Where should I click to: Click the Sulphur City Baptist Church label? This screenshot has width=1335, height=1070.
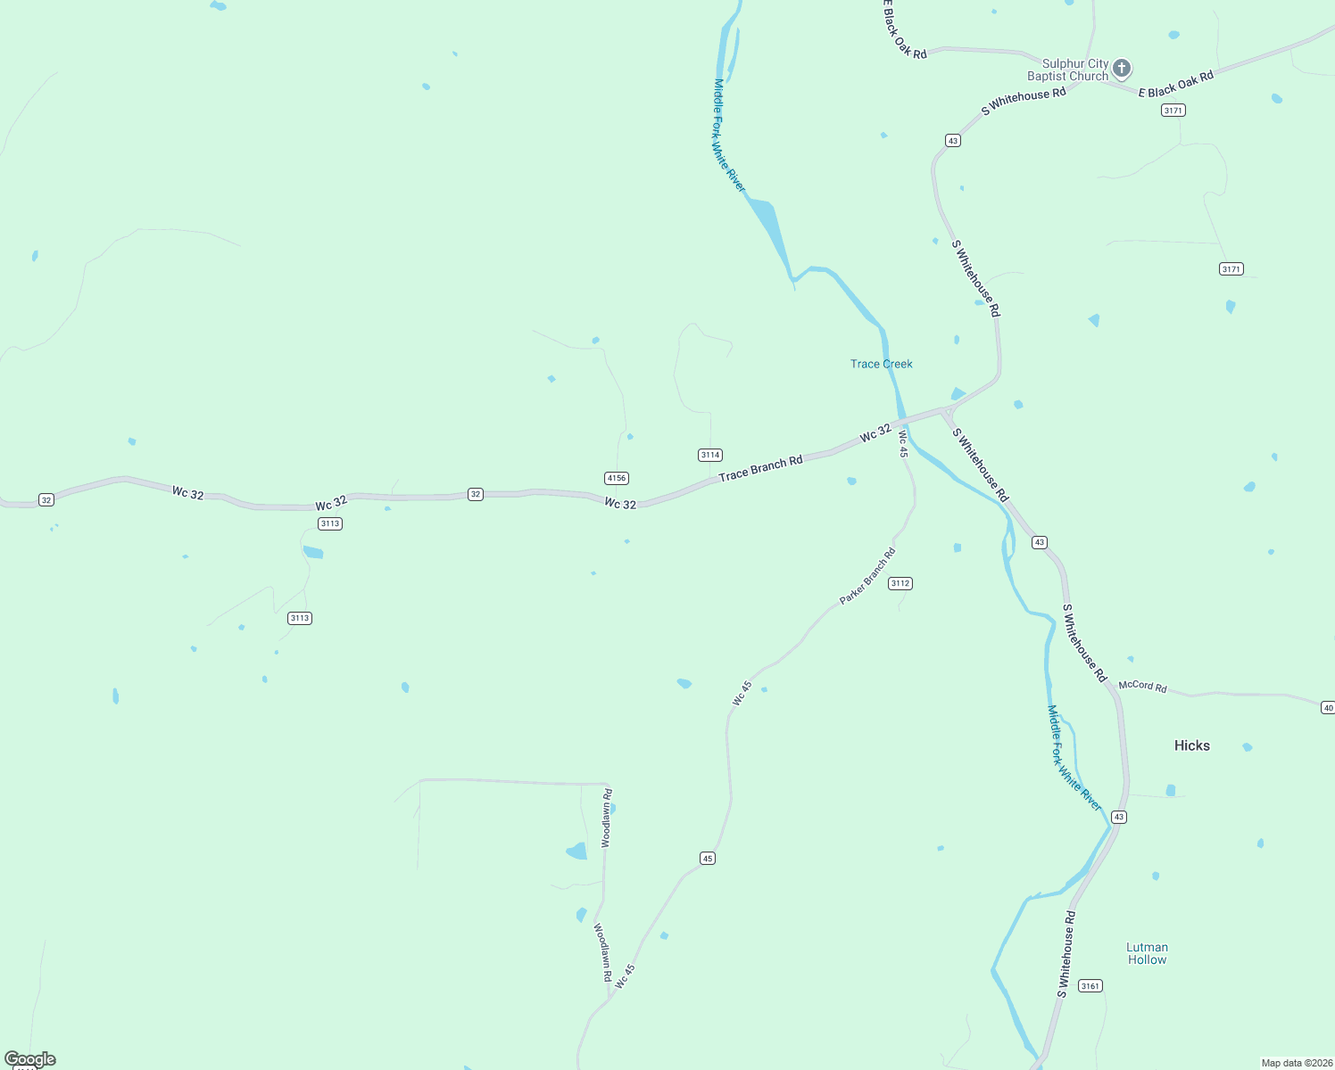[1067, 70]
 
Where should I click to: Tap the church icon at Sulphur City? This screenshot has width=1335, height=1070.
[1122, 68]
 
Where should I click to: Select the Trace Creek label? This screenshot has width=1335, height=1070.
[881, 364]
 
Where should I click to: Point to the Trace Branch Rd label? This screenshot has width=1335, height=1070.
[760, 468]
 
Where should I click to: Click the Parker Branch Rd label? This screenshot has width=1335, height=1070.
[867, 577]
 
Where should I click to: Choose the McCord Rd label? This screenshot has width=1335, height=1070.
[1142, 687]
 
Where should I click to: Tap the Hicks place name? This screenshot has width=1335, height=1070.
[1191, 745]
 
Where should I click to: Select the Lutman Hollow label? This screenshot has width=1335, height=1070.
[1147, 953]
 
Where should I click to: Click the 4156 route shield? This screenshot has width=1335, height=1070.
[616, 478]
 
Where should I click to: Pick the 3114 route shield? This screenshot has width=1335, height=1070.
[709, 455]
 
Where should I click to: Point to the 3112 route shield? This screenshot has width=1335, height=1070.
[900, 583]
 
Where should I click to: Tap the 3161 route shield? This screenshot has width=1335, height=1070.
[1090, 985]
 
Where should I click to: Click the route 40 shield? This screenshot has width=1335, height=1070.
[1327, 707]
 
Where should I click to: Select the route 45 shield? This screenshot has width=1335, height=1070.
[707, 858]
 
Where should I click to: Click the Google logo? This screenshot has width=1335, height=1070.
[30, 1059]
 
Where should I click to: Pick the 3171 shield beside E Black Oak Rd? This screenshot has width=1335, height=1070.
[1173, 111]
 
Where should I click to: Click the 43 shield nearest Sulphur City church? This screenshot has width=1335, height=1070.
[952, 141]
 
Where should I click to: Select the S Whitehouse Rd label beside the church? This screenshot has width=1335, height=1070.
[1023, 102]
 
